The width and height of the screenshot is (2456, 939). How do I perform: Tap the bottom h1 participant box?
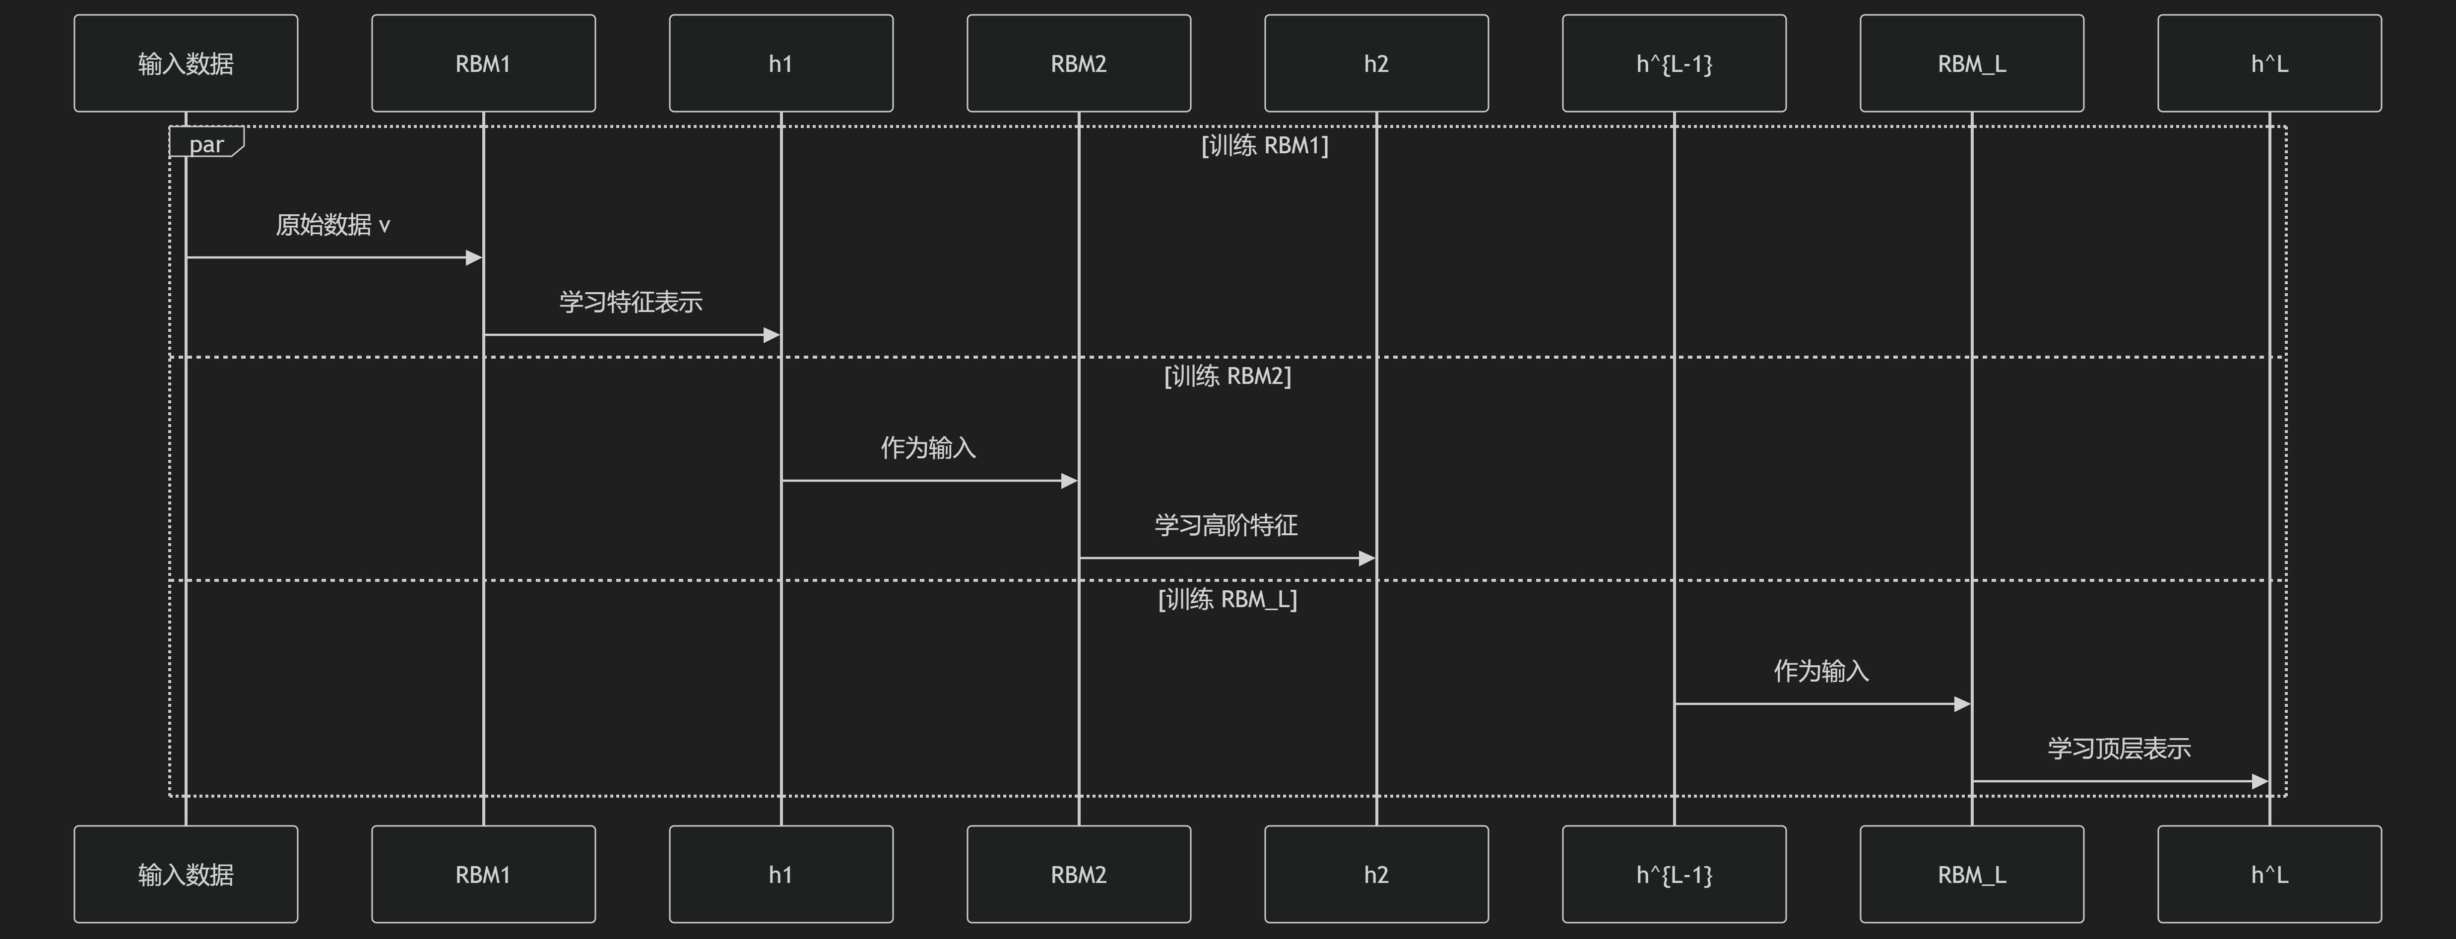781,874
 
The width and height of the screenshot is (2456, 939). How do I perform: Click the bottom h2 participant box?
1376,874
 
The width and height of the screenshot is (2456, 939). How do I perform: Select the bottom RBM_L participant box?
1972,874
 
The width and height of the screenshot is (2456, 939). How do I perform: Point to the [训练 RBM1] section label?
1264,145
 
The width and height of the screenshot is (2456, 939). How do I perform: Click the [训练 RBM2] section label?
1227,376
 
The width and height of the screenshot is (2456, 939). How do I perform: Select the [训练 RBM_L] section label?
1227,599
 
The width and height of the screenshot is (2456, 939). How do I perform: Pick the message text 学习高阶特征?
1226,525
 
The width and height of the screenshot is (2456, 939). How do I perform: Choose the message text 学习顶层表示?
2119,749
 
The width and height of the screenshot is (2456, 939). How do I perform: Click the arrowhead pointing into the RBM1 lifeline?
474,257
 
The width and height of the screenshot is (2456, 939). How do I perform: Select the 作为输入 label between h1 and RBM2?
928,448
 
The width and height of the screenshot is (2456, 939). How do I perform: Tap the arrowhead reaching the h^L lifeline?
2260,781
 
